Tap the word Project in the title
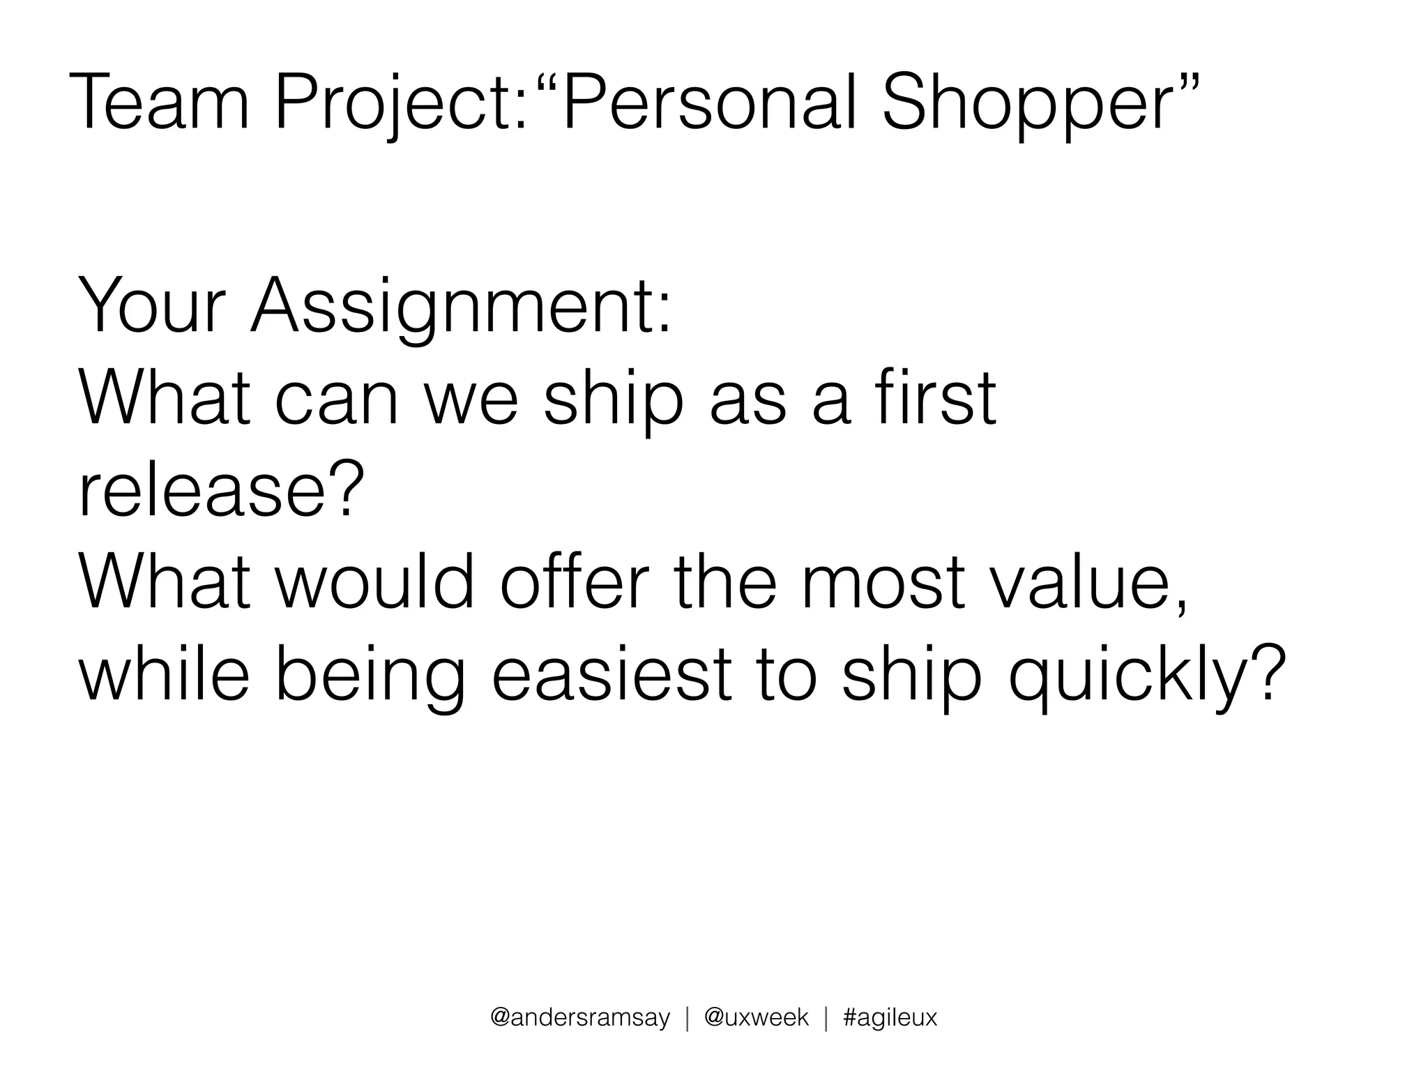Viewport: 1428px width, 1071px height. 398,105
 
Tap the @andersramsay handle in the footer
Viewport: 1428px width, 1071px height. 580,1018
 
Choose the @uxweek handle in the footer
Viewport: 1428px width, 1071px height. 757,1018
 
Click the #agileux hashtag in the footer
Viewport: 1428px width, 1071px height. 890,1018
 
